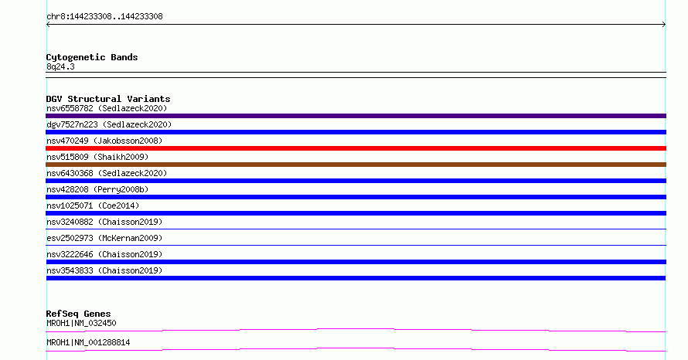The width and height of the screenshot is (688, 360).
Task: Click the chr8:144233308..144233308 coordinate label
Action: (x=104, y=17)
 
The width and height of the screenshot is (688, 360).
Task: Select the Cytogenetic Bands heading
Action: (x=92, y=57)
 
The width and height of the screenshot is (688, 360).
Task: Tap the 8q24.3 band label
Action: (x=60, y=66)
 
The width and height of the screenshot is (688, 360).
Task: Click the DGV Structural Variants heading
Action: (x=108, y=99)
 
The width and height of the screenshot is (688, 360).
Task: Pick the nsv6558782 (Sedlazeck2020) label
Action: (x=107, y=108)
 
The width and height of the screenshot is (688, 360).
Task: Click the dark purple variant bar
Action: (x=356, y=116)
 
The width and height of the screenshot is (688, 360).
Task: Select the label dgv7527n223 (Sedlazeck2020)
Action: (x=109, y=124)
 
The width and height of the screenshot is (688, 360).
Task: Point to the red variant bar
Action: (x=356, y=148)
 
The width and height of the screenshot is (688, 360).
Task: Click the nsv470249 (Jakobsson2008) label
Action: (x=104, y=141)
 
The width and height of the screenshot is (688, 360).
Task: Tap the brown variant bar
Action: (x=356, y=165)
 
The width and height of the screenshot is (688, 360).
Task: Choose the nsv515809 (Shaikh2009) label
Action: (x=97, y=157)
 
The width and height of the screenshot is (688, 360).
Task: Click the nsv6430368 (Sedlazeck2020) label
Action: (x=107, y=173)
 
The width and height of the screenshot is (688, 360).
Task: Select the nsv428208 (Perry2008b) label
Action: (x=97, y=189)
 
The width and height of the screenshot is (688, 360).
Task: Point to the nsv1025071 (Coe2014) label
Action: (x=93, y=205)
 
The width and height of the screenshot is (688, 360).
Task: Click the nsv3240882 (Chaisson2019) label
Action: (x=104, y=222)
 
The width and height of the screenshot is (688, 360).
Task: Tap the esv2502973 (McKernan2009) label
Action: (x=104, y=238)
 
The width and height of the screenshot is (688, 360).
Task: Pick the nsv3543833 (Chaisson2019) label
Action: (x=104, y=270)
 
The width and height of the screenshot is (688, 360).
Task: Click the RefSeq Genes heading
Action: (x=79, y=314)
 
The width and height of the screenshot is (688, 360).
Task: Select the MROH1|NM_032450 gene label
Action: (x=81, y=323)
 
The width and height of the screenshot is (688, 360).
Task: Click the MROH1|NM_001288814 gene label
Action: (x=88, y=342)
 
